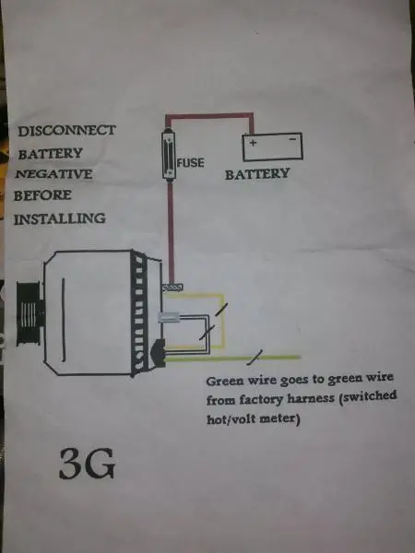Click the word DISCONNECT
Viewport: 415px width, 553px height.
coord(66,131)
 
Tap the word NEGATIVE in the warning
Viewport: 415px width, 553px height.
coord(54,174)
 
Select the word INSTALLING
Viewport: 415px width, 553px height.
coord(59,218)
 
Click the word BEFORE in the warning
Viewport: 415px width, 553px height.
coord(42,195)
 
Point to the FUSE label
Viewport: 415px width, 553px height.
coord(191,162)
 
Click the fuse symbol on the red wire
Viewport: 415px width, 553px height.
coord(169,155)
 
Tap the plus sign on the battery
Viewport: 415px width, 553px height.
coord(253,143)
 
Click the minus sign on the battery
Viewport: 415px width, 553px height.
coord(293,140)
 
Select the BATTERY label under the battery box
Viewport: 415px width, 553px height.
coord(257,174)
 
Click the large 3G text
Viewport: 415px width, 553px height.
coord(87,464)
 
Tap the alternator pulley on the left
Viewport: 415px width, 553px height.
coord(29,313)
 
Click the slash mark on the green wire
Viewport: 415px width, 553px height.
coord(255,357)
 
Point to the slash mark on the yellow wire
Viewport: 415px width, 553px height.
coord(220,310)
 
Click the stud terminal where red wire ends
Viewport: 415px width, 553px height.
coord(172,288)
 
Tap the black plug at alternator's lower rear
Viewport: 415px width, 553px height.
coord(158,353)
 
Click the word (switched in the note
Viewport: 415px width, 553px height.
coord(368,396)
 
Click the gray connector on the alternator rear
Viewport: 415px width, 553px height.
coord(168,318)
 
